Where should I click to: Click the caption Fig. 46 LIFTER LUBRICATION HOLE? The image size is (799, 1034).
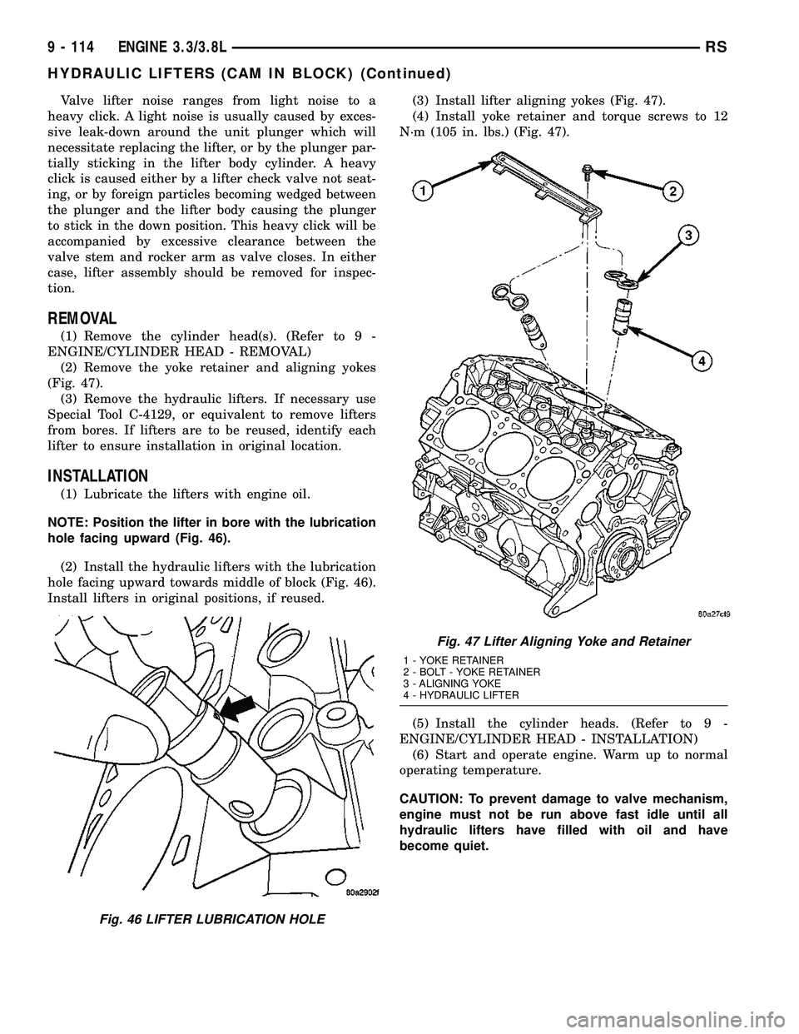[184, 917]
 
